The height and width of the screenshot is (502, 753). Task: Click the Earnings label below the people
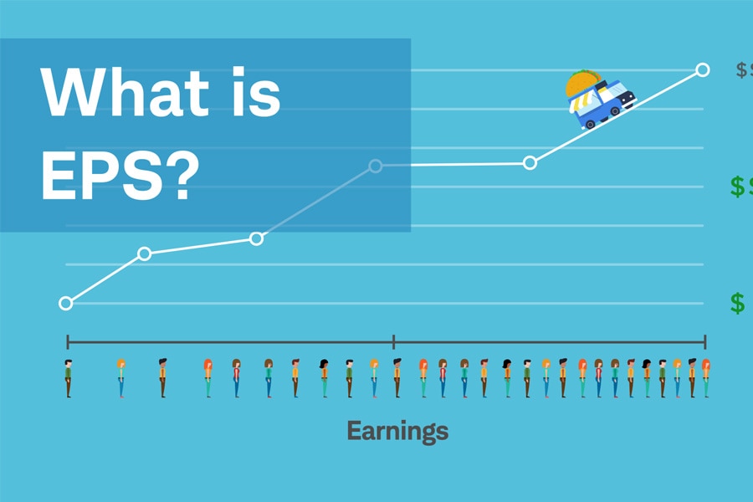397,432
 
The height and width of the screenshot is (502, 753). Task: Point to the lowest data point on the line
66,303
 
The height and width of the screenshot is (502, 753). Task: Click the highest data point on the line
703,69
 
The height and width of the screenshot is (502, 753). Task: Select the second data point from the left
144,253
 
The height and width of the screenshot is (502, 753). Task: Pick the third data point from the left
257,238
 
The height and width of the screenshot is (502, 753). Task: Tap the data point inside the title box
376,166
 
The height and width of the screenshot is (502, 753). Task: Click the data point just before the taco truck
530,162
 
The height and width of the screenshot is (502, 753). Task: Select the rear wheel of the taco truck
589,124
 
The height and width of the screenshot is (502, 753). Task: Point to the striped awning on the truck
579,101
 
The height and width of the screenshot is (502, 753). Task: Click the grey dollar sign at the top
741,70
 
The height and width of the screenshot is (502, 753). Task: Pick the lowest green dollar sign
737,303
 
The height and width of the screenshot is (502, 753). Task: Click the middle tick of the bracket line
393,341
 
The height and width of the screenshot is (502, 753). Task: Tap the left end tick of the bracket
68,341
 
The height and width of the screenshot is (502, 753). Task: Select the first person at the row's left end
68,378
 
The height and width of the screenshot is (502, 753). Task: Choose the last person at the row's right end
705,378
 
